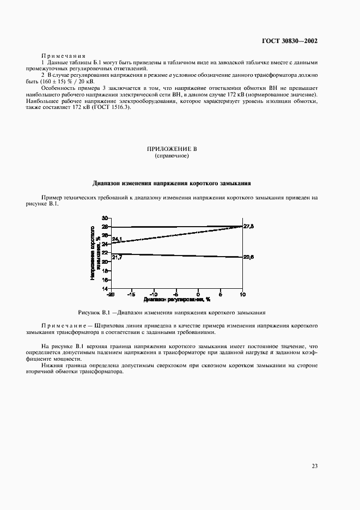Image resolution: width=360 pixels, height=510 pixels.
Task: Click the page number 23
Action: click(x=315, y=466)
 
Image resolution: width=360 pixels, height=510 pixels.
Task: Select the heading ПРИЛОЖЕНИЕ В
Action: click(x=172, y=149)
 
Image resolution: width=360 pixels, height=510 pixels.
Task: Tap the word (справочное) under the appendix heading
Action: click(x=172, y=156)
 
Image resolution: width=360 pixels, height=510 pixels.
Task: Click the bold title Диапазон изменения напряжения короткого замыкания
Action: click(x=172, y=183)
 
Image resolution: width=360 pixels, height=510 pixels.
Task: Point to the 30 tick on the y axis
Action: click(x=105, y=218)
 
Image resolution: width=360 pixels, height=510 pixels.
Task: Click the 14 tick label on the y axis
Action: click(x=105, y=288)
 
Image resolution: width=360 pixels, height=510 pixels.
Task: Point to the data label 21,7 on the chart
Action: click(x=117, y=257)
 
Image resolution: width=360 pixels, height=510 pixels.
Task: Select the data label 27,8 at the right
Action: click(x=248, y=226)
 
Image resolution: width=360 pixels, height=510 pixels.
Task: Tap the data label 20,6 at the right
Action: click(x=248, y=257)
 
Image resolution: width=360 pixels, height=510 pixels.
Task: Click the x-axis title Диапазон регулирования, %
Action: click(x=177, y=300)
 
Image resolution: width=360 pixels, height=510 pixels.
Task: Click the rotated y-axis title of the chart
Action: click(x=95, y=253)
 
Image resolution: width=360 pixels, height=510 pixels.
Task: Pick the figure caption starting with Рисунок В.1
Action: click(x=172, y=313)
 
